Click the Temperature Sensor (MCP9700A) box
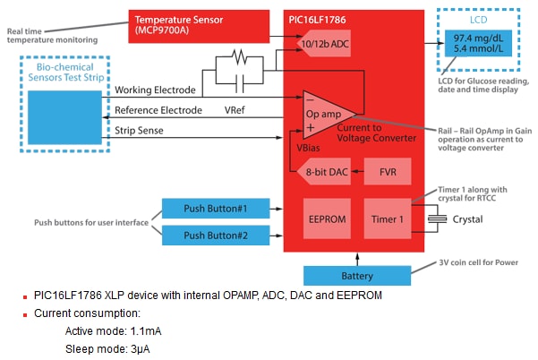(x=199, y=23)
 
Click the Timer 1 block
(x=387, y=219)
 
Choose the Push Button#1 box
(x=214, y=208)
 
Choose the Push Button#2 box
(x=214, y=236)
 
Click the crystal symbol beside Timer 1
(x=436, y=218)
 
